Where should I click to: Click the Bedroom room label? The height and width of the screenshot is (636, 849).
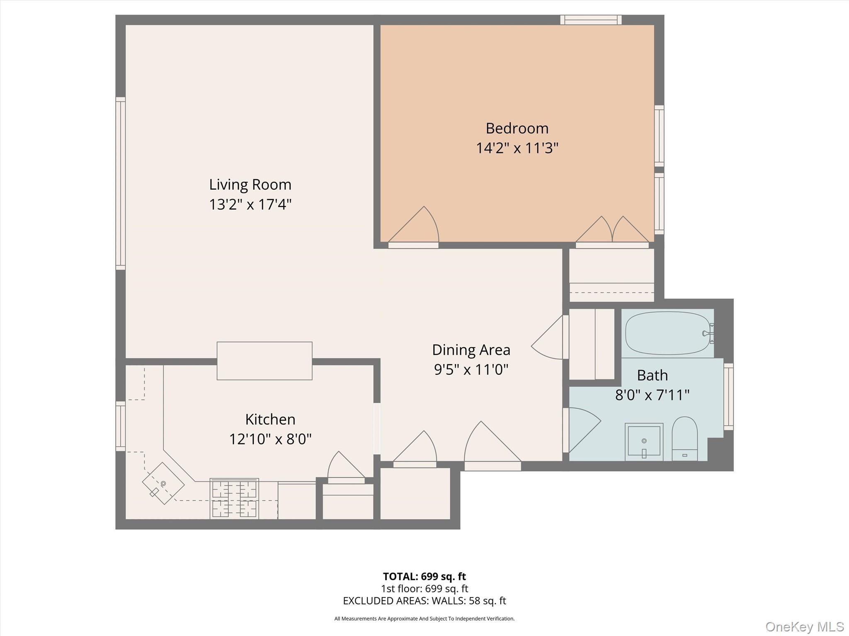pos(517,128)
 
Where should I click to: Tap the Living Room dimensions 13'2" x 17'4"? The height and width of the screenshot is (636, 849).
pos(250,205)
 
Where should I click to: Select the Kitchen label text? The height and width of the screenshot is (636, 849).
pos(270,419)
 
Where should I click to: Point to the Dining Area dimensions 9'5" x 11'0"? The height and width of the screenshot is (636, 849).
pos(471,369)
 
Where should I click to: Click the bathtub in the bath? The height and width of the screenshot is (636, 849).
pos(667,333)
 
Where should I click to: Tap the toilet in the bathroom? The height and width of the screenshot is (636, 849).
pos(684,439)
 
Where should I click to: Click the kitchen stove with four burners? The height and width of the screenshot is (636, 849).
pos(234,499)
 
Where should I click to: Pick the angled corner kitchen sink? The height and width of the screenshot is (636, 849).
pos(163,483)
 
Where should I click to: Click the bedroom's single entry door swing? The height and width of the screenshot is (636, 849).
pos(415,228)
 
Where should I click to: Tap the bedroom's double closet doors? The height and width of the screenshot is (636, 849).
pos(612,232)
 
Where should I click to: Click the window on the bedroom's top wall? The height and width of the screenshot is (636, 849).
pos(591,20)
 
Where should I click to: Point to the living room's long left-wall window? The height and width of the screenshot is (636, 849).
pos(120,183)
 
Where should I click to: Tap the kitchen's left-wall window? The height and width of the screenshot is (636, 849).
pos(120,426)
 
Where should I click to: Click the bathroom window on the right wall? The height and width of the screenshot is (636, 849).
pos(728,397)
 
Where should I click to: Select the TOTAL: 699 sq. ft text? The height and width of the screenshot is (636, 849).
pos(424,576)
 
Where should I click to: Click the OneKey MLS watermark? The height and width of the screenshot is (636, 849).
pos(804,626)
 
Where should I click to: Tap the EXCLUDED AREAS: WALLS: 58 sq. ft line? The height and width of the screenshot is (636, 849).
pos(424,600)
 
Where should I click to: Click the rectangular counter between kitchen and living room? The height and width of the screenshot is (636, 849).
pos(264,361)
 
